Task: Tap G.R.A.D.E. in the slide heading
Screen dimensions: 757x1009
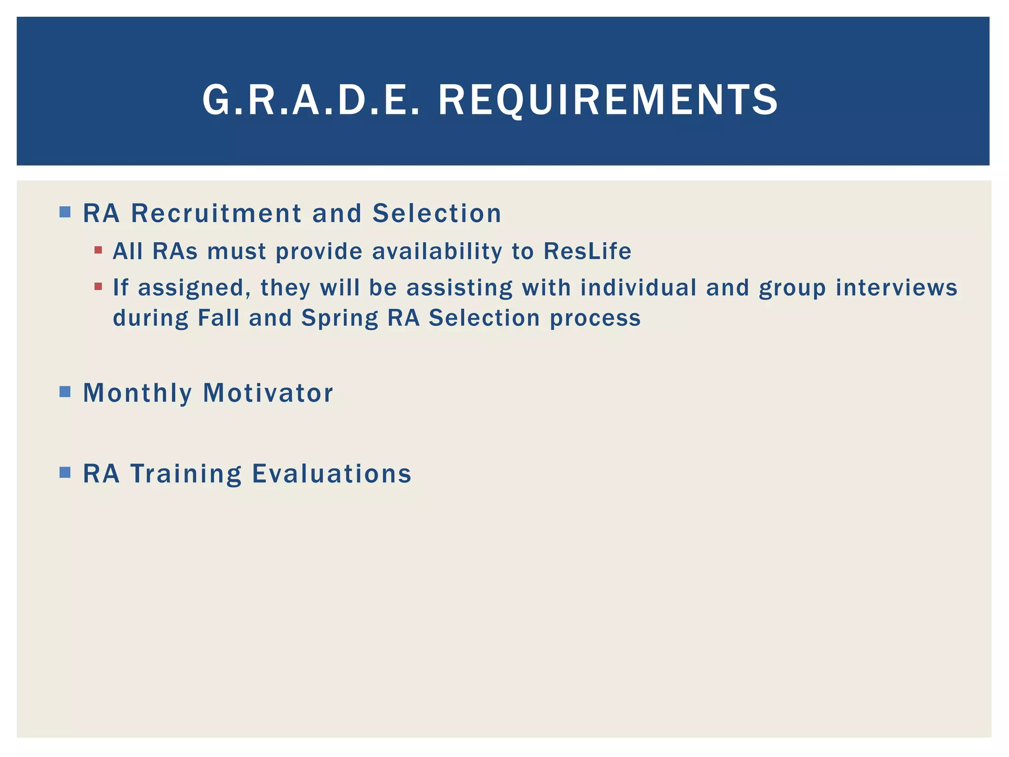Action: pyautogui.click(x=311, y=100)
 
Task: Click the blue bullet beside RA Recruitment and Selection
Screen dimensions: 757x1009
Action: pyautogui.click(x=65, y=212)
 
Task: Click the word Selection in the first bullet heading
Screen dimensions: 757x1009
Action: pyautogui.click(x=437, y=213)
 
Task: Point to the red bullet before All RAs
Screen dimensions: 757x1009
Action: pyautogui.click(x=98, y=250)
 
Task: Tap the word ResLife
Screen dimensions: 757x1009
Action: pyautogui.click(x=587, y=251)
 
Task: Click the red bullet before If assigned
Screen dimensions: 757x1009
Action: pyautogui.click(x=98, y=286)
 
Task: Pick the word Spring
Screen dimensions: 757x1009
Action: pyautogui.click(x=339, y=318)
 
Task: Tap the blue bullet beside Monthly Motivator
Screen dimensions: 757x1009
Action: pyautogui.click(x=65, y=392)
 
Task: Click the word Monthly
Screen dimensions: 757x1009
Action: pyautogui.click(x=137, y=393)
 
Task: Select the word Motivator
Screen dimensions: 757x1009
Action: pyautogui.click(x=268, y=393)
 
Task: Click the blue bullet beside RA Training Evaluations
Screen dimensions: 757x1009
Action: pyautogui.click(x=65, y=473)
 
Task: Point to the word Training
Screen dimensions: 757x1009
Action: pyautogui.click(x=186, y=474)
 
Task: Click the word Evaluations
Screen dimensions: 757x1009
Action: pyautogui.click(x=332, y=474)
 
